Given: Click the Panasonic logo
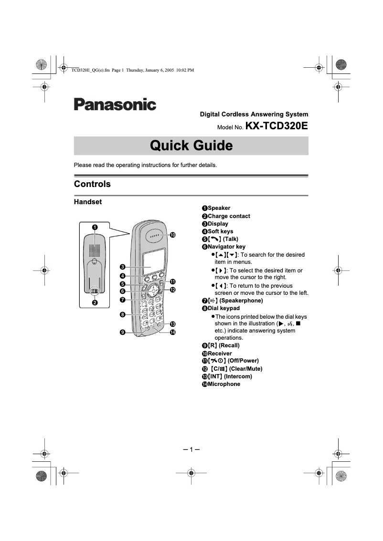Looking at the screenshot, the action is coord(115,104).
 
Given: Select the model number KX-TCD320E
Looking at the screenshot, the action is coord(277,127).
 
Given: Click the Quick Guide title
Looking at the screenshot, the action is coord(191,146).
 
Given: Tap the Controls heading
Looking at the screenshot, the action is coord(92,184).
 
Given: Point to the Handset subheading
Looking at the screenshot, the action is coord(88,202).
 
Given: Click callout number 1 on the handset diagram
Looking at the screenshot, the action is coord(95,227).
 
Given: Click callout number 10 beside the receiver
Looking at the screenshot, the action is coord(173,235).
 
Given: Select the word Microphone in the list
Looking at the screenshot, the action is coord(224,384).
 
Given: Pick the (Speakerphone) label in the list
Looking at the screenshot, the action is coord(240,301).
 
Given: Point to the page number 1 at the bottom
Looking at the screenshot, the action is coord(191,450).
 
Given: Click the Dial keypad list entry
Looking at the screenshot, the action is coord(223,308).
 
